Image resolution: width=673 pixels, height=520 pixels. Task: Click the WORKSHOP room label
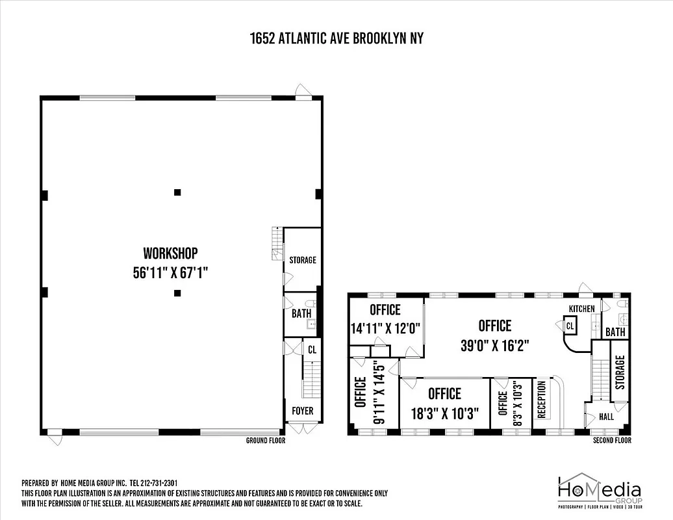coord(170,253)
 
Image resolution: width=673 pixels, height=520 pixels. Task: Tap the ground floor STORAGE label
coord(303,260)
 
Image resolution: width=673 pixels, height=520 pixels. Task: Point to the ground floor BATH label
coord(301,313)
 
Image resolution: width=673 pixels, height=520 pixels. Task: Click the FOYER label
coord(302,411)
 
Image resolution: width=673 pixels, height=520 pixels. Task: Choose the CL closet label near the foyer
coord(312,349)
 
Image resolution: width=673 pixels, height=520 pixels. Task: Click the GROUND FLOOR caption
coord(265,441)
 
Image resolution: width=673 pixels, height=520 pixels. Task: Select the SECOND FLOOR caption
coord(611,441)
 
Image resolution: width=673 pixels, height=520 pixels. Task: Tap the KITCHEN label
coord(581,308)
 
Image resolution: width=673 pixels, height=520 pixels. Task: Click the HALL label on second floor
coord(605,417)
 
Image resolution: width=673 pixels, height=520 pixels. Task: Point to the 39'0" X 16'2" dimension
coord(495,346)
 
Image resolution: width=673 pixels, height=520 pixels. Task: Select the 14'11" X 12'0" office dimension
coord(385,329)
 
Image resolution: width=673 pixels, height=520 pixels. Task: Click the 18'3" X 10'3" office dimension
coord(444,414)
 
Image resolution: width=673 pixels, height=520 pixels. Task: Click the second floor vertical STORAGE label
coord(620,372)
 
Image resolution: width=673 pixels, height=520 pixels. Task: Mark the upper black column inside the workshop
coord(177,192)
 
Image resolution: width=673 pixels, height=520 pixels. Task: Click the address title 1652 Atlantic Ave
coord(336,38)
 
